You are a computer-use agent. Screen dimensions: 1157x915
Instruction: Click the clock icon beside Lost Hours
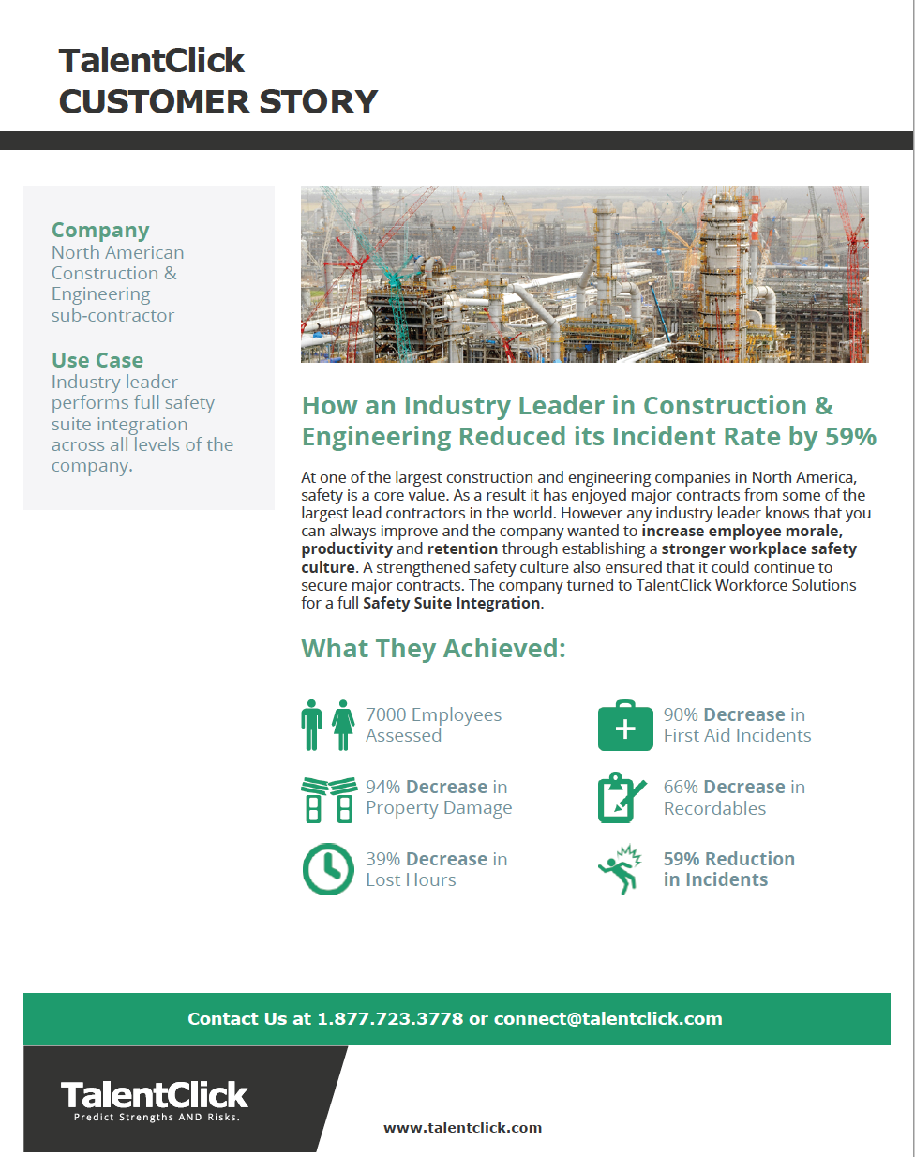[327, 868]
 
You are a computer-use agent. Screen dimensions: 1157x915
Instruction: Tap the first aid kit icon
[625, 726]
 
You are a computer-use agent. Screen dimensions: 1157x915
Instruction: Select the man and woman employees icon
[327, 725]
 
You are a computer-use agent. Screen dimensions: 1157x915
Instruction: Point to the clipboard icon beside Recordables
[621, 798]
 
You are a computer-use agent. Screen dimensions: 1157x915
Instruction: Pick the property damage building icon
[329, 799]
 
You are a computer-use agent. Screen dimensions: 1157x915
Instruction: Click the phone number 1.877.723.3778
[390, 1019]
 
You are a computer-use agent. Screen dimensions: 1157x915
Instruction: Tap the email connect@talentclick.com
[607, 1019]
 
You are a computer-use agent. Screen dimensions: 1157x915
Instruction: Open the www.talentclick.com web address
[462, 1128]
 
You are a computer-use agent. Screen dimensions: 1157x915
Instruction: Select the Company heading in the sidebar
[100, 230]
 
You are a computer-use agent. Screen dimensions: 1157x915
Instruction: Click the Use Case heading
[97, 360]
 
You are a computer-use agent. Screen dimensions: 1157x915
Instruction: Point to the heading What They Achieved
[433, 648]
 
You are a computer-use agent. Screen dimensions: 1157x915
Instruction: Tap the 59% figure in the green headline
[850, 437]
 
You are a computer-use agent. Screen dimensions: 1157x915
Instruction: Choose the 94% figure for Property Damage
[382, 787]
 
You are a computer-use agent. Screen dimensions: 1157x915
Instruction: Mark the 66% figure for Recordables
[681, 787]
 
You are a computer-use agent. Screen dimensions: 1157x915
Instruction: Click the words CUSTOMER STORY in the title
[218, 101]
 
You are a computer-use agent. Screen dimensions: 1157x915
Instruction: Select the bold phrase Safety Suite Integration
[451, 603]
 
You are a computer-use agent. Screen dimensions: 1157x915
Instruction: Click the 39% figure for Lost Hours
[382, 859]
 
